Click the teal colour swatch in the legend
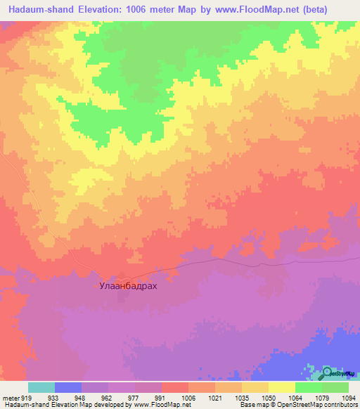coord(41,387)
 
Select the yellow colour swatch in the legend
coord(281,387)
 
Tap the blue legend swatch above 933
coord(68,387)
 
